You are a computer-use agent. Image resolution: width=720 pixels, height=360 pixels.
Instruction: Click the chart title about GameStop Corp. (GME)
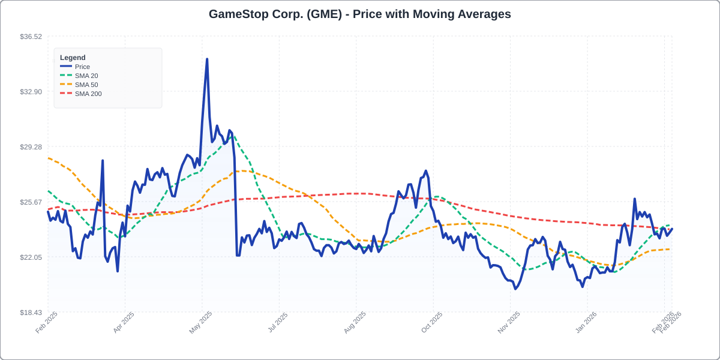[x=360, y=14]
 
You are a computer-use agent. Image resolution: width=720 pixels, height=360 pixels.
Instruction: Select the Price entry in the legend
[x=82, y=67]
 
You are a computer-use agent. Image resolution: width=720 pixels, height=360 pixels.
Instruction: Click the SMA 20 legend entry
[x=86, y=76]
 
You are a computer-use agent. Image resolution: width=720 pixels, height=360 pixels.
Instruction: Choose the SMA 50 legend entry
[x=86, y=85]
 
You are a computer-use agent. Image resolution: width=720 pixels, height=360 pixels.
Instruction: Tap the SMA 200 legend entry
[x=88, y=94]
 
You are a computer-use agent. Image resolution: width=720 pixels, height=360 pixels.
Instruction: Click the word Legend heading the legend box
[x=73, y=58]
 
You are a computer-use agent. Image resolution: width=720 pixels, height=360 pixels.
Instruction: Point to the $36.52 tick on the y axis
[x=31, y=37]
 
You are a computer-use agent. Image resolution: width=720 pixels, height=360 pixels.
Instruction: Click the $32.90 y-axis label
[x=31, y=92]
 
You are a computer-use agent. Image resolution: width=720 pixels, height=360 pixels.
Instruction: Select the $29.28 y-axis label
[x=31, y=147]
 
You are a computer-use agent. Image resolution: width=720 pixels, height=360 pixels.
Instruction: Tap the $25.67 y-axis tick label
[x=31, y=202]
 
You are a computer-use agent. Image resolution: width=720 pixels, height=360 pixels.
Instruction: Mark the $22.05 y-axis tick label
[x=31, y=257]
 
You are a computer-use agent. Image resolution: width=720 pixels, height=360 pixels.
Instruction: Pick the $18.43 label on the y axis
[x=31, y=313]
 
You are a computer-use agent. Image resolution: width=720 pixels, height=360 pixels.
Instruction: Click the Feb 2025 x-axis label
[x=47, y=322]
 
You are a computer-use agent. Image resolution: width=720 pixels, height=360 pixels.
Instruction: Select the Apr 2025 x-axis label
[x=124, y=322]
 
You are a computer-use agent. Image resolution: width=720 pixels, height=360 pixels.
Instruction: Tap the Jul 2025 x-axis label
[x=278, y=322]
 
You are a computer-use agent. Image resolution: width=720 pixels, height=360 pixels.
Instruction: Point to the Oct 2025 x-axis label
[x=432, y=322]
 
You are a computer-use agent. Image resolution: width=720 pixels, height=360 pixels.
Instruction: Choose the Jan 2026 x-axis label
[x=586, y=322]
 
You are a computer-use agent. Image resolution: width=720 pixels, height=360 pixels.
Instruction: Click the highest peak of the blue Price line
[x=207, y=59]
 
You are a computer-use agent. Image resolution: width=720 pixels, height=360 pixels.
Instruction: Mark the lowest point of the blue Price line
[x=515, y=289]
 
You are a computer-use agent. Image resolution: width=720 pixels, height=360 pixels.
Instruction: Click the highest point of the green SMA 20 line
[x=232, y=135]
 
